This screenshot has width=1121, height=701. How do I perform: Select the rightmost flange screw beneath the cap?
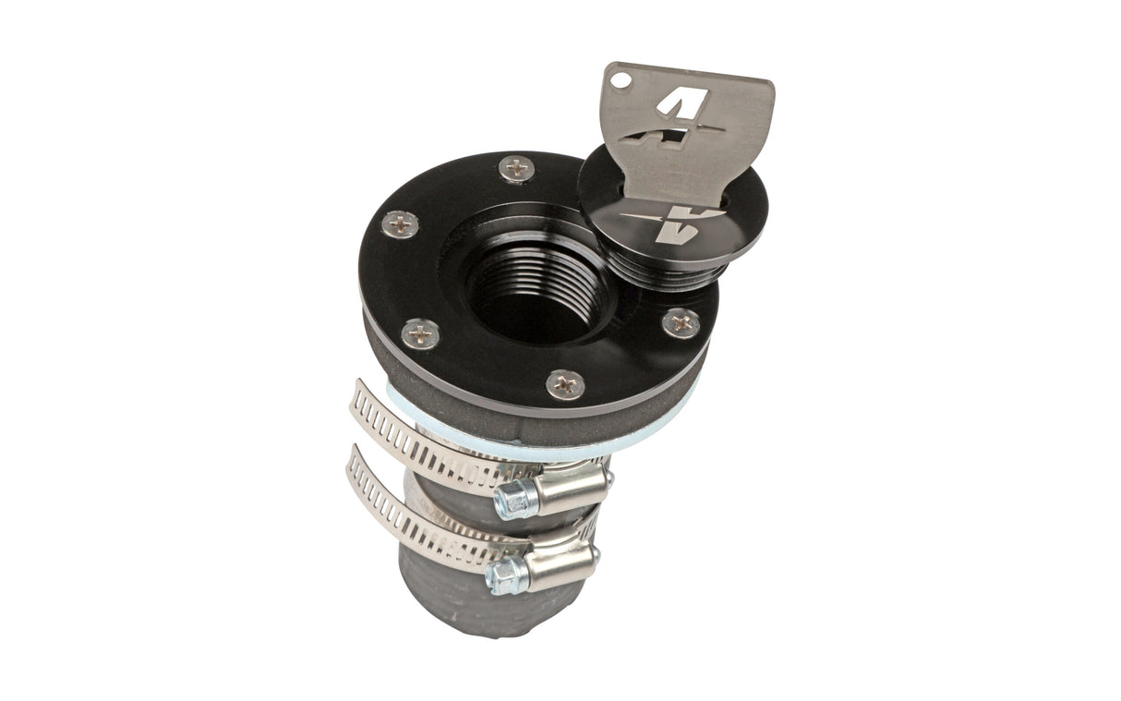click(681, 322)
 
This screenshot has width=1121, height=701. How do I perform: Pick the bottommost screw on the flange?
click(565, 383)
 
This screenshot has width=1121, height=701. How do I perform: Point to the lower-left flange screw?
click(421, 332)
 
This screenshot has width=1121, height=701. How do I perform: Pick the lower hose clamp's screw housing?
click(560, 562)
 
